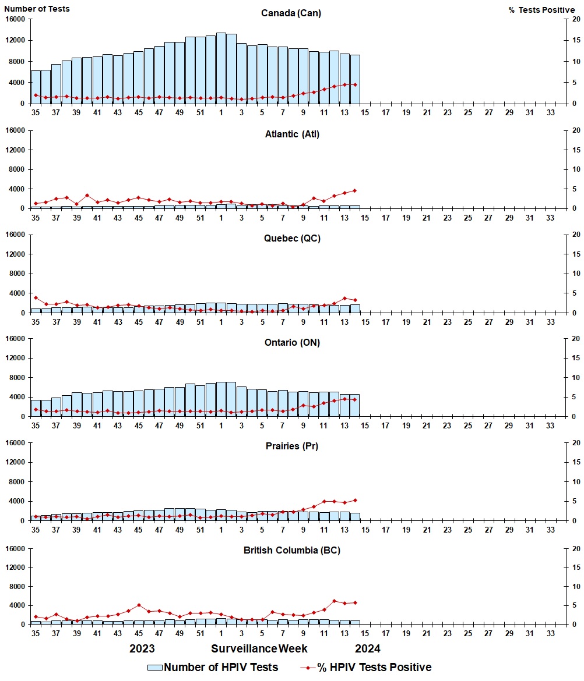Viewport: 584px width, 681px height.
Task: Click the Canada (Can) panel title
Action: [x=291, y=13]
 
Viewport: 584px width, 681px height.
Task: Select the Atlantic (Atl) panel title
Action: [x=291, y=134]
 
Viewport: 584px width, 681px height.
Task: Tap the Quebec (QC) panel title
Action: [x=291, y=239]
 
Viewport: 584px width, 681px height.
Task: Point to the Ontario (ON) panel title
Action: [x=291, y=343]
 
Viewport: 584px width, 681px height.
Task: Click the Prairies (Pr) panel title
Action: [x=291, y=446]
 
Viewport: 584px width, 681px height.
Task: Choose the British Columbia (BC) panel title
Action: [x=291, y=551]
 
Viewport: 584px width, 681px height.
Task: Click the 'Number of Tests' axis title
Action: [x=37, y=9]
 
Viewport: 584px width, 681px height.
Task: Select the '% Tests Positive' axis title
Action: [x=541, y=10]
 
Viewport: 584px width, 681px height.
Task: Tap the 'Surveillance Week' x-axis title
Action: [x=259, y=648]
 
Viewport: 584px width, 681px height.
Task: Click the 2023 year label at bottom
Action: [x=142, y=648]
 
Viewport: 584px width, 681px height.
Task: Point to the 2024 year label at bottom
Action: [x=367, y=648]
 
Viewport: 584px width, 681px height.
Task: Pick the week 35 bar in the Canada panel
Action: [x=36, y=87]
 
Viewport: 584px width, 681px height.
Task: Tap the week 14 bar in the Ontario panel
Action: [x=355, y=406]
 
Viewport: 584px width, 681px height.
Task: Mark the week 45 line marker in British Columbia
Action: [x=139, y=605]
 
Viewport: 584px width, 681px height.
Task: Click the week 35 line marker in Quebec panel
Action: [x=36, y=298]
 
